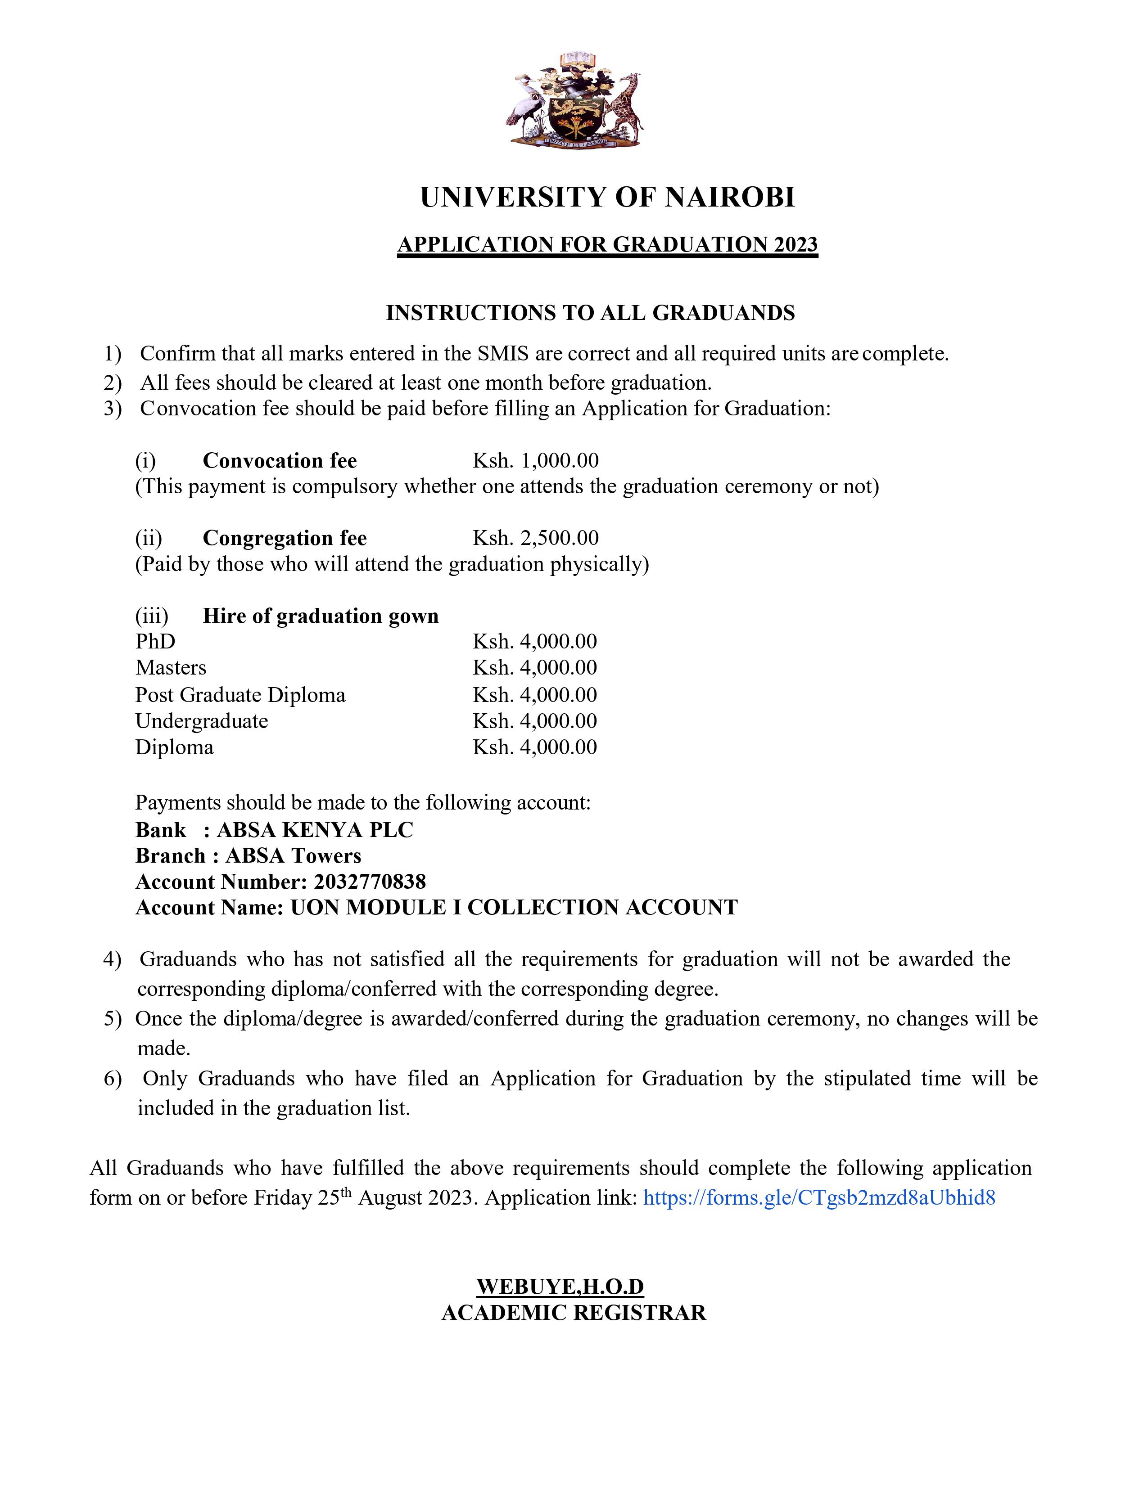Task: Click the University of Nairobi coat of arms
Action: (x=573, y=99)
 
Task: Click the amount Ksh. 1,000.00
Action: (x=536, y=461)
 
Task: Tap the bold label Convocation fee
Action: (x=280, y=461)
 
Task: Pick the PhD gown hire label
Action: (x=155, y=642)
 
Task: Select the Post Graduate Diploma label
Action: (x=240, y=695)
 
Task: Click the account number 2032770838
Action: (x=370, y=882)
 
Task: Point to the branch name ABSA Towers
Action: (x=293, y=856)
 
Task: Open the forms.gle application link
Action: (x=819, y=1197)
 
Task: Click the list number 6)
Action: (x=112, y=1079)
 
